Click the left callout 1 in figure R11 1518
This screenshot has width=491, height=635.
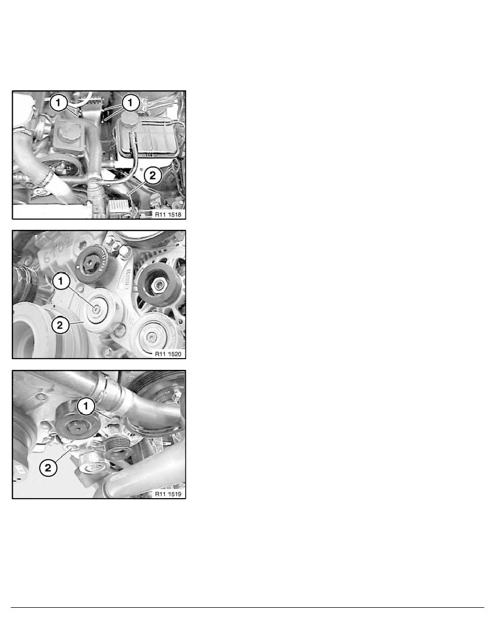[59, 102]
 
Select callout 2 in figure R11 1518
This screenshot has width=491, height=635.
[152, 174]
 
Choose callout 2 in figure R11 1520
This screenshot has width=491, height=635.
[59, 324]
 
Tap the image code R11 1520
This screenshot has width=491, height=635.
[167, 353]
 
